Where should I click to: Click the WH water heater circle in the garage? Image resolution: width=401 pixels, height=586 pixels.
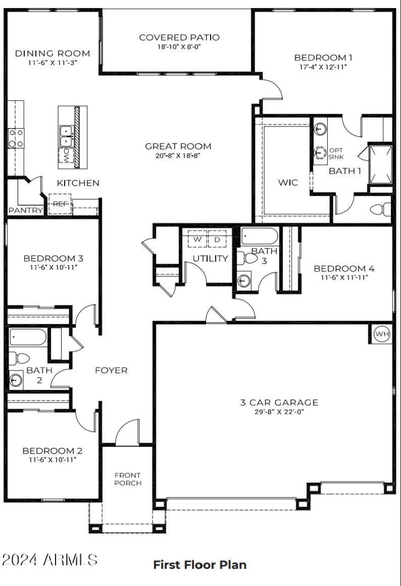(382, 334)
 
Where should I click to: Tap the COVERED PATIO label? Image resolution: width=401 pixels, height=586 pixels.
(179, 38)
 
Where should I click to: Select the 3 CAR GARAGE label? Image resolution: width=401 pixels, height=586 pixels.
(279, 402)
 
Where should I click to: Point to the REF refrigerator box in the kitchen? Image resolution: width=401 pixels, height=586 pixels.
(60, 204)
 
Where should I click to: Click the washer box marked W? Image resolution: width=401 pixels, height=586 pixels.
(197, 240)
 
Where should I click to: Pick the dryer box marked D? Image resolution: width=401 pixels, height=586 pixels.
(217, 240)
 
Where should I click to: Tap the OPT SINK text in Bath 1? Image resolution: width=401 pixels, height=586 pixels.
(335, 153)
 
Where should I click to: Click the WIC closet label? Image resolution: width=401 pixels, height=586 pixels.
(288, 182)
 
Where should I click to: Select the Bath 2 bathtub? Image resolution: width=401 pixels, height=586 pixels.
(28, 338)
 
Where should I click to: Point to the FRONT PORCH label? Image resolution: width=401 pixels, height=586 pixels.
(127, 479)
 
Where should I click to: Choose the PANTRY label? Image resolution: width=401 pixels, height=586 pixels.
(25, 211)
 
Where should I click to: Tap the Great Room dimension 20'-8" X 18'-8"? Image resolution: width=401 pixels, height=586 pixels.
(178, 155)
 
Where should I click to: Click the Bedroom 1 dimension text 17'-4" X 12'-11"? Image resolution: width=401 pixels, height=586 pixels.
(320, 67)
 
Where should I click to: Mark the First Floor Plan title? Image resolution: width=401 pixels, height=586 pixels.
(199, 565)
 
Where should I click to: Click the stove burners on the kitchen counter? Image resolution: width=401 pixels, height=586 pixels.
(16, 138)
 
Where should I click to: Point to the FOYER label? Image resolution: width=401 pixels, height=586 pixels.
(111, 370)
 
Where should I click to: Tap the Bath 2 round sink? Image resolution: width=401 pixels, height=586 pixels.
(16, 381)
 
